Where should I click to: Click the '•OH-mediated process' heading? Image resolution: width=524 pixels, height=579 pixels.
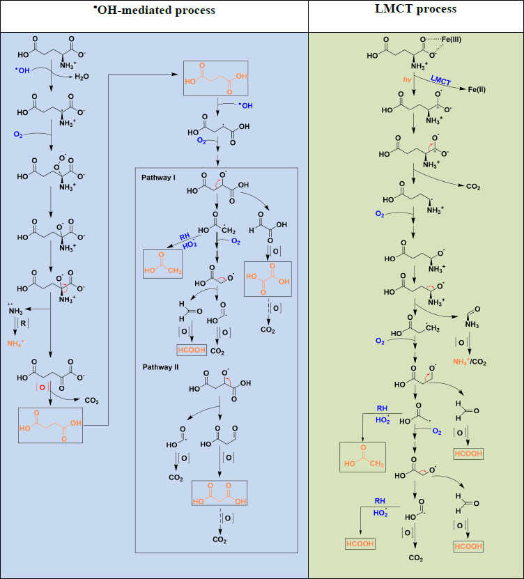[x=154, y=10]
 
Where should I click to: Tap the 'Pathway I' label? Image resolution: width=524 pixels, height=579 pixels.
[x=159, y=178]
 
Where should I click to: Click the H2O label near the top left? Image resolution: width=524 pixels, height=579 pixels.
[x=82, y=77]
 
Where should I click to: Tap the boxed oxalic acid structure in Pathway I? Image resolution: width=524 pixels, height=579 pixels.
[x=268, y=279]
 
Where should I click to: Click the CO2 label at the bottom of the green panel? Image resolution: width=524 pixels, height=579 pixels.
[x=416, y=558]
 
